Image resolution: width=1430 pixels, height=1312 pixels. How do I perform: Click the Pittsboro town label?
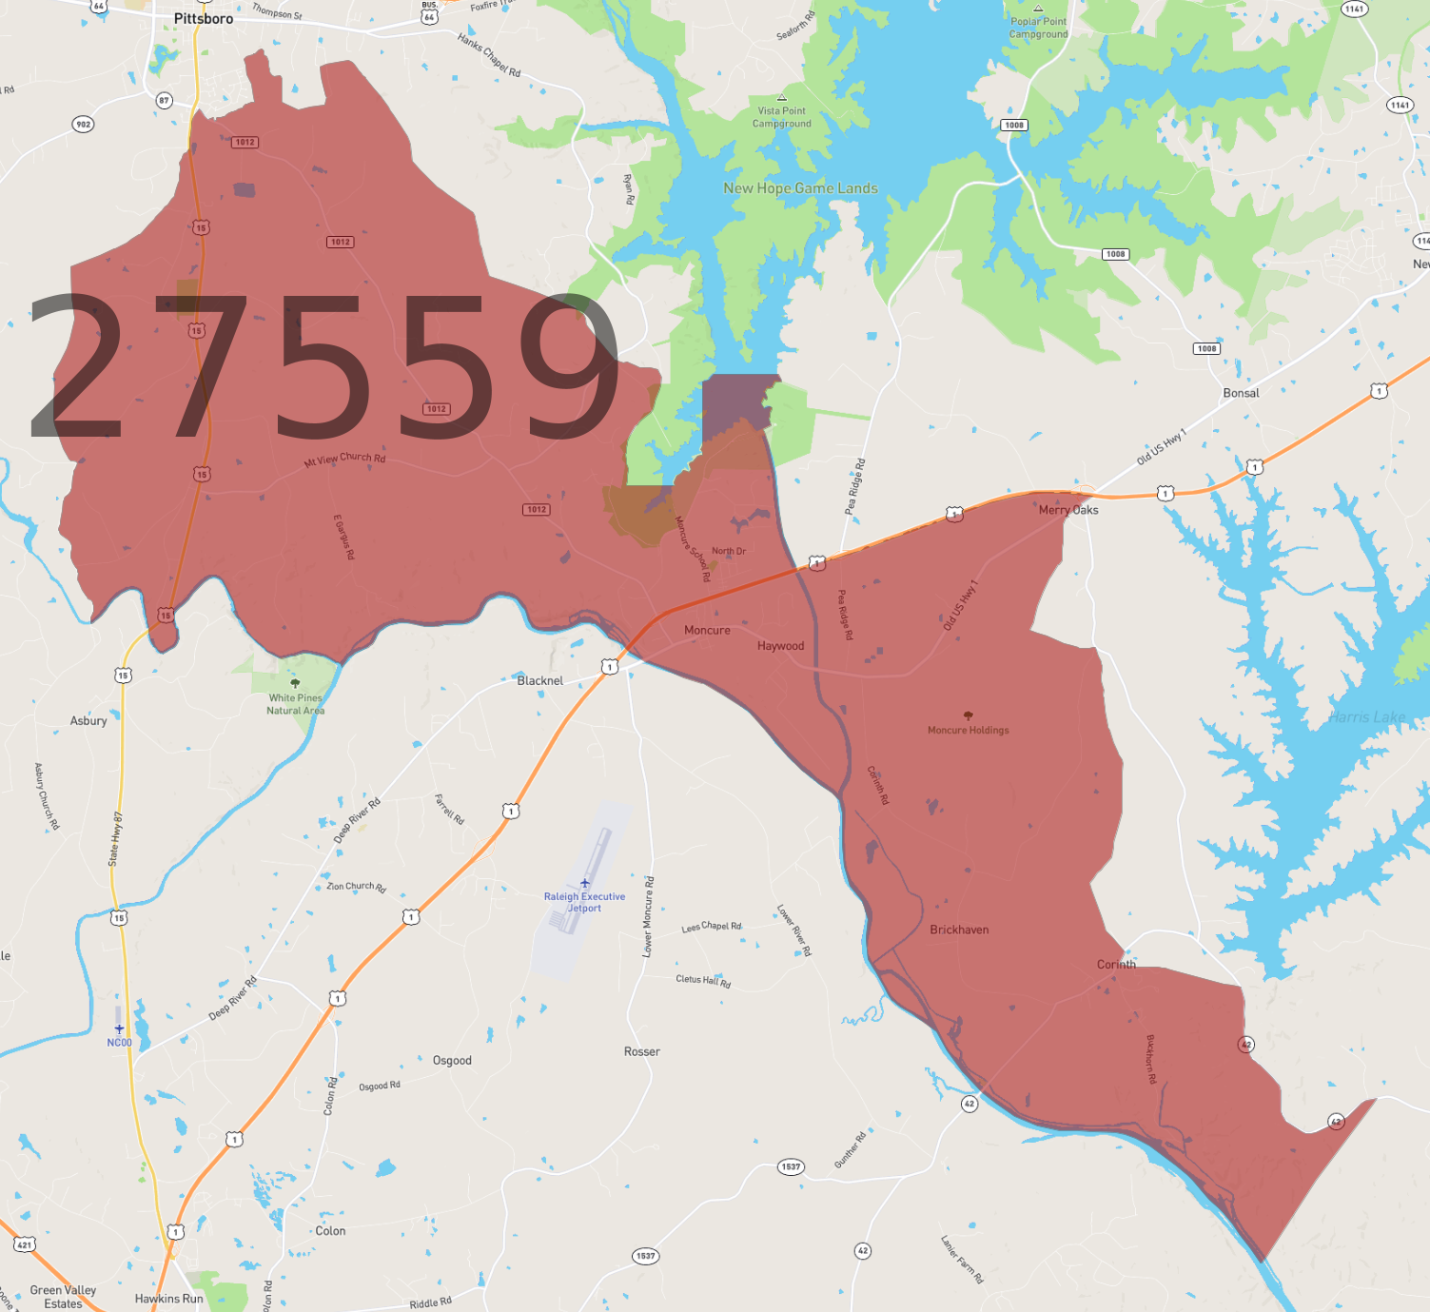pyautogui.click(x=203, y=19)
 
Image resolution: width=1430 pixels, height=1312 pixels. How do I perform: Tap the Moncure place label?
pyautogui.click(x=707, y=630)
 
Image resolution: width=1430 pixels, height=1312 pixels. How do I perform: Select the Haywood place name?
pyautogui.click(x=780, y=646)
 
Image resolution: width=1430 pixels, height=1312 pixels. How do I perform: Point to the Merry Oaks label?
pyautogui.click(x=1068, y=510)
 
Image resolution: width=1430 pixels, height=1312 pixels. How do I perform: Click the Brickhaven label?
pyautogui.click(x=959, y=930)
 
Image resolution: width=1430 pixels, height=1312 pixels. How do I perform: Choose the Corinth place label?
pyautogui.click(x=1116, y=964)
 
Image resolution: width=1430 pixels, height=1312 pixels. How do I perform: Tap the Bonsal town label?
pyautogui.click(x=1241, y=393)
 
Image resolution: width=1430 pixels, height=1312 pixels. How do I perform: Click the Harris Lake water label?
pyautogui.click(x=1367, y=717)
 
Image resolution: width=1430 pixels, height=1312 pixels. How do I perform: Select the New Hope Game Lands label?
pyautogui.click(x=800, y=188)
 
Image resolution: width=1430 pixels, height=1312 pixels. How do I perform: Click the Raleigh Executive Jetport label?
pyautogui.click(x=584, y=902)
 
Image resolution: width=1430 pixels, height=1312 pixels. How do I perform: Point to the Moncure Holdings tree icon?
pyautogui.click(x=969, y=715)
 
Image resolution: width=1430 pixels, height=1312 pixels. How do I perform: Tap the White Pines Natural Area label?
pyautogui.click(x=295, y=704)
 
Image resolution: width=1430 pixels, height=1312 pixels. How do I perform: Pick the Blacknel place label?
pyautogui.click(x=539, y=680)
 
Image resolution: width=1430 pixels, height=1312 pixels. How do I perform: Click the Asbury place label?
pyautogui.click(x=88, y=720)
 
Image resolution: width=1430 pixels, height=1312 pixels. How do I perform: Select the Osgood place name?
pyautogui.click(x=452, y=1060)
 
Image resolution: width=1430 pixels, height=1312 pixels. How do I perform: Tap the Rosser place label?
pyautogui.click(x=641, y=1051)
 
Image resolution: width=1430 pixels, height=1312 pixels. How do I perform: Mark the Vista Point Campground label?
pyautogui.click(x=781, y=117)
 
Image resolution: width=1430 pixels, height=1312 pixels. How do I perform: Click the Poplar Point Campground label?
pyautogui.click(x=1038, y=28)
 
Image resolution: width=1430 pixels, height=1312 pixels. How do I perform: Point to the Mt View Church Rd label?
pyautogui.click(x=344, y=459)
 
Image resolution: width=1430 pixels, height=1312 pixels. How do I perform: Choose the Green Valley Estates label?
pyautogui.click(x=63, y=1297)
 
